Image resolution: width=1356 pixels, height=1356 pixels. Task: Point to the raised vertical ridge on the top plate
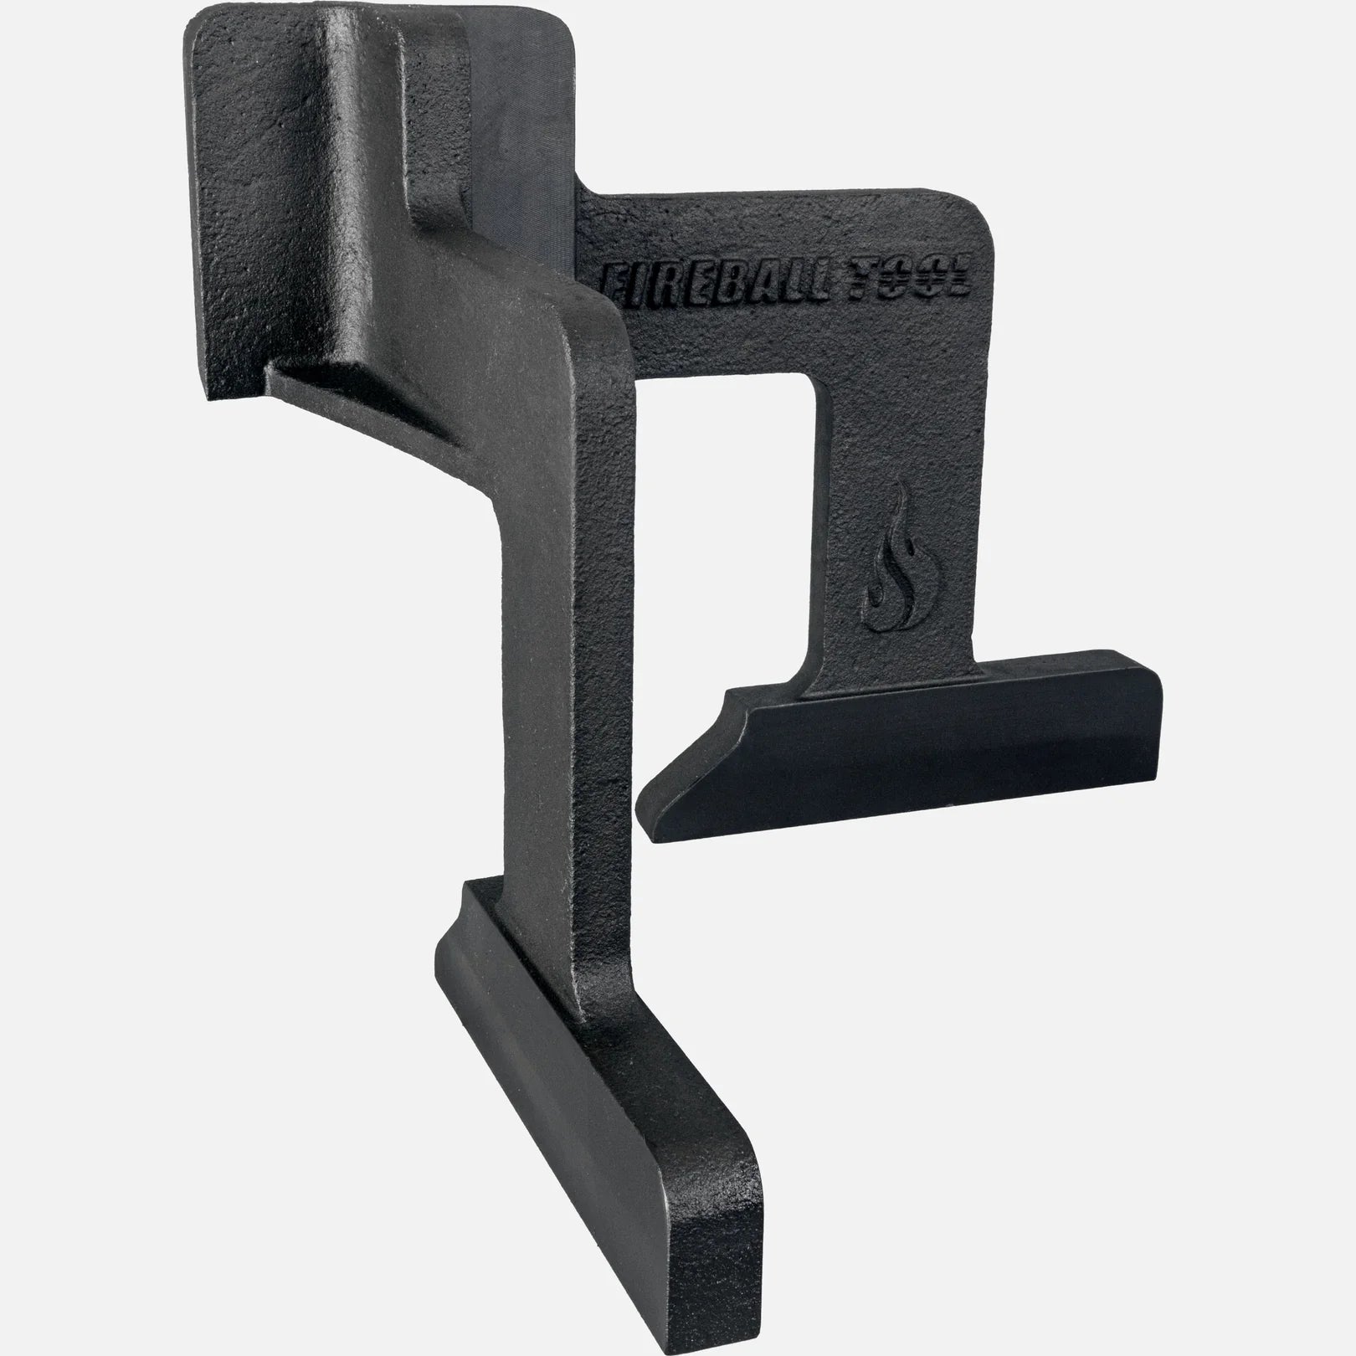(x=360, y=151)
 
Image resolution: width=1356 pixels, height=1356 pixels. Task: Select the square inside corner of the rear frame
(x=820, y=381)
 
